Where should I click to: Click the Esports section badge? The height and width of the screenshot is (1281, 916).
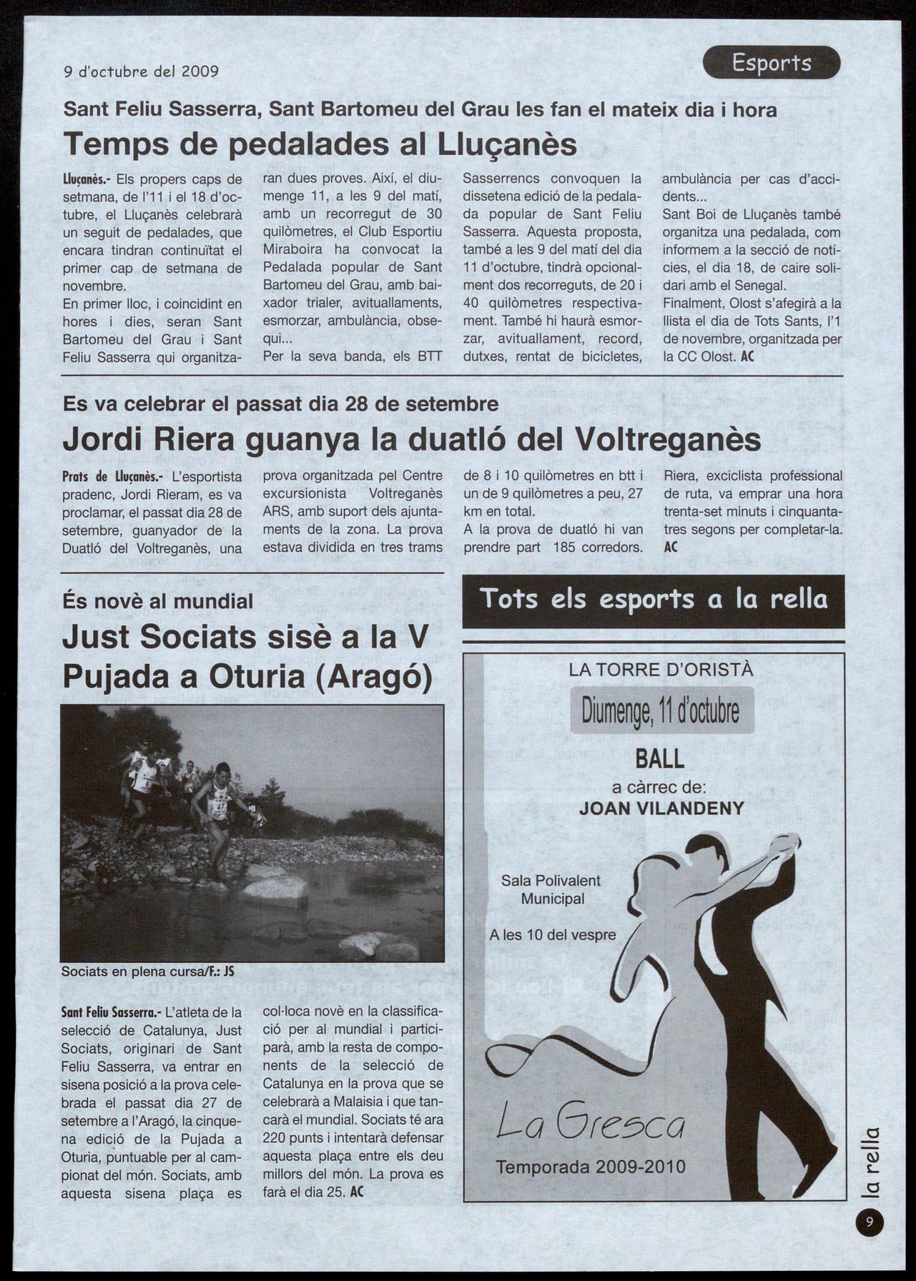771,63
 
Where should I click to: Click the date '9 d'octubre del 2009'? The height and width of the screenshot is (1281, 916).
141,71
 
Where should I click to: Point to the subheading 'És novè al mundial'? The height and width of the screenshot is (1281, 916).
157,601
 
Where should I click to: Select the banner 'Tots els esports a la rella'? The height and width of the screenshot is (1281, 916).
653,600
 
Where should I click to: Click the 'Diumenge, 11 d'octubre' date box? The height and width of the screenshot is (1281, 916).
661,710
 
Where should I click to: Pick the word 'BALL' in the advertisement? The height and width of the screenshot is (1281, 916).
659,758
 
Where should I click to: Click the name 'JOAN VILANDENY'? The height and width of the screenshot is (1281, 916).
661,808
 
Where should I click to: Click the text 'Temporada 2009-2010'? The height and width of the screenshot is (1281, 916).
591,1167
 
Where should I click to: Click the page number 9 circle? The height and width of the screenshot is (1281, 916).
869,1222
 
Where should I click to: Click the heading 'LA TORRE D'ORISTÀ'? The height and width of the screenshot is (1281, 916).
661,670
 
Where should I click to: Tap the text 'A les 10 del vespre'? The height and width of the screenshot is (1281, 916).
553,934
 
